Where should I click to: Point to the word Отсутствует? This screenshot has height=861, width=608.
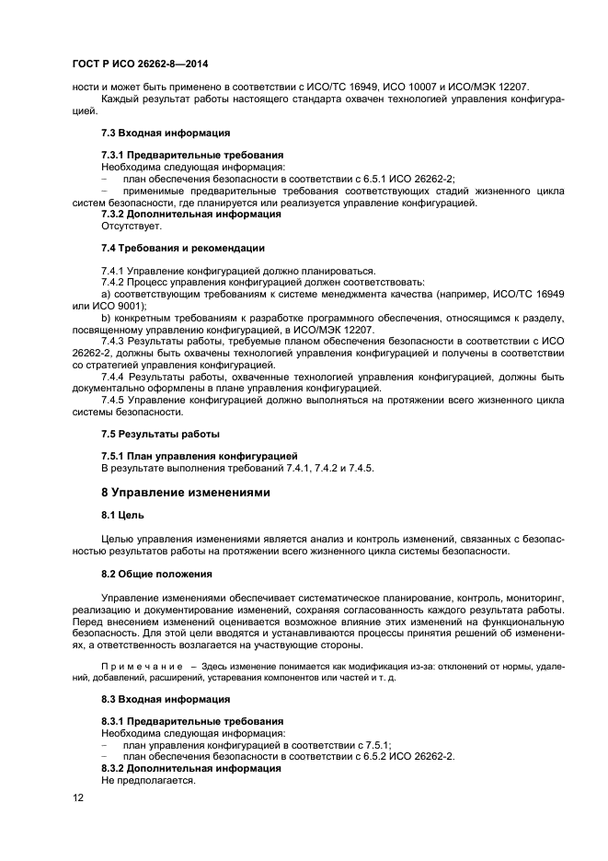tap(131, 226)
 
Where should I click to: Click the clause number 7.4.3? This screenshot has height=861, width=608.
tap(114, 341)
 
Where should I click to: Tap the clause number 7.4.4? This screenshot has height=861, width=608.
tap(114, 377)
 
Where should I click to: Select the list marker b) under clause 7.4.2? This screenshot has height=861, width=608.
tap(106, 317)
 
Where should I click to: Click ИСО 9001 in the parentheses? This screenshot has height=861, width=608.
tap(120, 305)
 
